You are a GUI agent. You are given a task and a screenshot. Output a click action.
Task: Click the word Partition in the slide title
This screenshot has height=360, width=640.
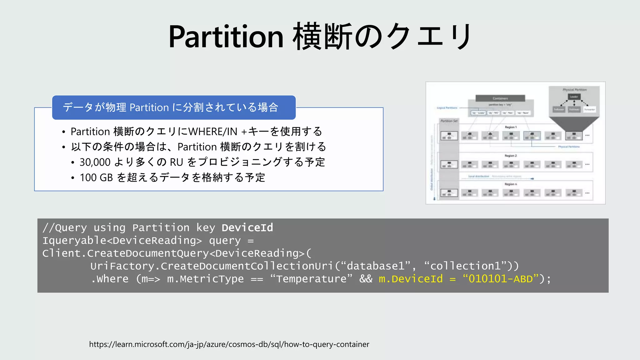coord(226,37)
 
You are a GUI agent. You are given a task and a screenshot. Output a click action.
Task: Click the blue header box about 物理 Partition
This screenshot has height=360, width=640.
coord(174,107)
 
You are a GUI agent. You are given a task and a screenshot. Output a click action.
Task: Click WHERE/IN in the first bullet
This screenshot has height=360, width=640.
coord(213,132)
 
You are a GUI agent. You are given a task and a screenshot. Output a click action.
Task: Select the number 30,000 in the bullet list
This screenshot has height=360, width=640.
coord(95,162)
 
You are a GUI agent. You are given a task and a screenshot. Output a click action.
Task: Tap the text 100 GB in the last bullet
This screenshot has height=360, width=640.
coord(96,177)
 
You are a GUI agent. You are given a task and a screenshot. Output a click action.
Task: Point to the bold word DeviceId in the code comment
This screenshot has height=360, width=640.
coord(247,227)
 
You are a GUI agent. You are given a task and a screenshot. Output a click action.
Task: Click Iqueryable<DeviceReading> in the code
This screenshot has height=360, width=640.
coord(122,240)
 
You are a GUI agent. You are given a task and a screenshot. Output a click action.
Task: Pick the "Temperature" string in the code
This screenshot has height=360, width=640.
coord(311,279)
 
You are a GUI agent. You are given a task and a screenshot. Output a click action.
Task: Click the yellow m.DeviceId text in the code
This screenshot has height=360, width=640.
coord(411,279)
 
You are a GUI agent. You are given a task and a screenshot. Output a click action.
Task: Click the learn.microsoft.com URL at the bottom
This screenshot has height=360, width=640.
coord(229,344)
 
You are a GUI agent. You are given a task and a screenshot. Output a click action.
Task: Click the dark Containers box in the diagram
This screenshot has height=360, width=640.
coord(500,98)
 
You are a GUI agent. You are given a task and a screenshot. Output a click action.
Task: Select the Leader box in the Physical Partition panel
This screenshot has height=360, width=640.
coord(574,97)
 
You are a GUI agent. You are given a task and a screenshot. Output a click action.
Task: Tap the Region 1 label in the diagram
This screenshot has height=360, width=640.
coord(511,127)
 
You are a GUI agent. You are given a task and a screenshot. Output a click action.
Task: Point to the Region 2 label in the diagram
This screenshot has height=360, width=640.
coord(511,156)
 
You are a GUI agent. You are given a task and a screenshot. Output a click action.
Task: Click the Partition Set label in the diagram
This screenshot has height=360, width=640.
coord(449,121)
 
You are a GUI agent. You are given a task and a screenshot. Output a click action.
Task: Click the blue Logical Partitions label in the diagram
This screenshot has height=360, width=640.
coord(447,108)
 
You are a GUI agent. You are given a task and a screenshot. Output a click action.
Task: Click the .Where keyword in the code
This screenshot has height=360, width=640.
coord(110,279)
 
